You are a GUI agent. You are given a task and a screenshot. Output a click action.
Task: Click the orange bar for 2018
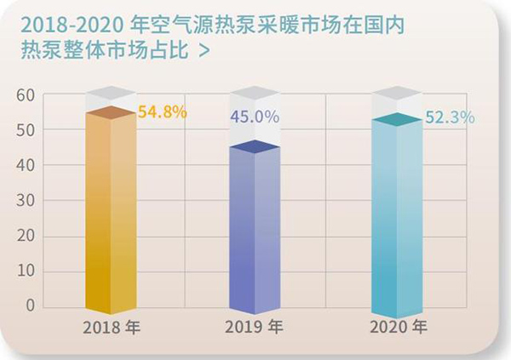click(x=111, y=213)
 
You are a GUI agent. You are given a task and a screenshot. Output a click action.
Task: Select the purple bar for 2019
click(x=255, y=230)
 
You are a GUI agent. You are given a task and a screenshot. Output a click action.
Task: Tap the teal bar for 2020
click(x=398, y=217)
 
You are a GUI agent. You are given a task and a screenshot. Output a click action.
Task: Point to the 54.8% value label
click(x=162, y=111)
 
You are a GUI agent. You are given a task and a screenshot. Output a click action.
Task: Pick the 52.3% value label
click(x=450, y=118)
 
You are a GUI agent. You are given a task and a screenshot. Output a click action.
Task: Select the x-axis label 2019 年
click(x=253, y=327)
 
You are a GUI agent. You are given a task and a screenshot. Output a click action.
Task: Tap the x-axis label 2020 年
click(x=398, y=327)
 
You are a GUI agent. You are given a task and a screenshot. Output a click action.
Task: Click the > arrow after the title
click(x=203, y=50)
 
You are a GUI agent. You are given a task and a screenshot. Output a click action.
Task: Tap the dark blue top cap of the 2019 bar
click(x=255, y=147)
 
